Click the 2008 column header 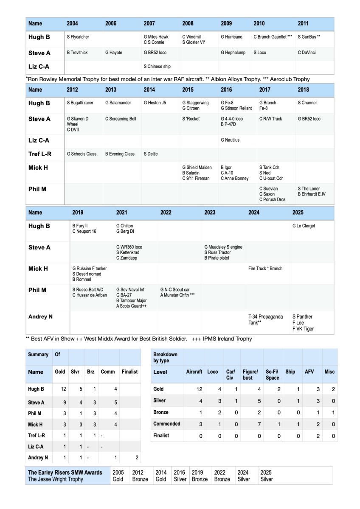coord(188,24)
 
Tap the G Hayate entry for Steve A coord(114,53)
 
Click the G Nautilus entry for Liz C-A coord(230,140)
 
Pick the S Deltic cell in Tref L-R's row coord(151,154)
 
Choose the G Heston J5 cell coord(155,103)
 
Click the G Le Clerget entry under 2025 coord(304,226)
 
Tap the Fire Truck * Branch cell coord(265,268)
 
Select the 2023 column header coord(210,213)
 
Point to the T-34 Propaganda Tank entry coord(266,320)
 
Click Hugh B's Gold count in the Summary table coord(62,389)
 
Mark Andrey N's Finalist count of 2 coord(136,458)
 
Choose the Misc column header coord(329,372)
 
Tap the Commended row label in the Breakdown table coord(167,424)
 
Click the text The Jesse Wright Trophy coord(56,479)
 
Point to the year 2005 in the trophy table coord(118,473)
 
